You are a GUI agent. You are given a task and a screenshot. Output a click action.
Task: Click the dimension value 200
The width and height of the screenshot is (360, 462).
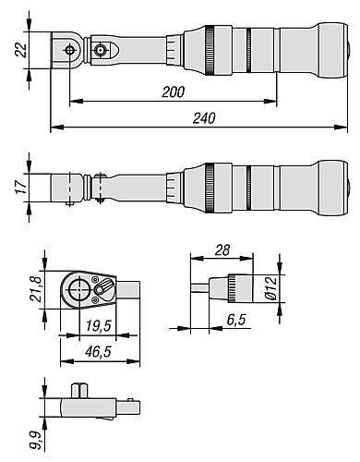(174, 92)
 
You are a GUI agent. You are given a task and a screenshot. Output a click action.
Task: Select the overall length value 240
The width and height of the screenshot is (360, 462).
(204, 118)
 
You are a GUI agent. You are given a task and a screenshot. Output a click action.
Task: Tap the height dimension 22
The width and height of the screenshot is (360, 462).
(21, 50)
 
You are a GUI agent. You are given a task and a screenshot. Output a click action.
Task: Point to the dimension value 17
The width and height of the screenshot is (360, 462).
(21, 187)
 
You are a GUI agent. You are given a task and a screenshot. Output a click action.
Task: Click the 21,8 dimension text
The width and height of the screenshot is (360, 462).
(35, 289)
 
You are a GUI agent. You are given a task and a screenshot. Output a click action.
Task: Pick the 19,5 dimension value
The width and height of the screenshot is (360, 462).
(98, 325)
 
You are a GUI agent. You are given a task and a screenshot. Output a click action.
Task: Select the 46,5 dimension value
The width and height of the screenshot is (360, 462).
(98, 351)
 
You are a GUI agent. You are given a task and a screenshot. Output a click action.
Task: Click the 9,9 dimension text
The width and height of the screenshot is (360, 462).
(36, 441)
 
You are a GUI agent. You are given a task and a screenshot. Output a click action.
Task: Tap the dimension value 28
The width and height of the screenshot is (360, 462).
(222, 250)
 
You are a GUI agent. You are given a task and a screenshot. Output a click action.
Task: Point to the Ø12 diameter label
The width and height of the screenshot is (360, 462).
(270, 288)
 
